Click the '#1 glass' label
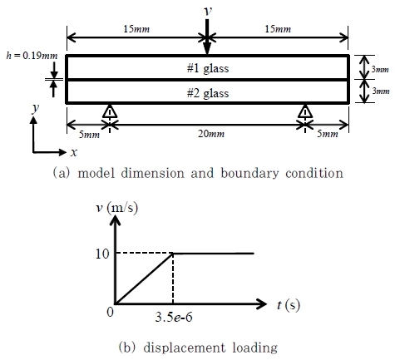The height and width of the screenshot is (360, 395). [208, 68]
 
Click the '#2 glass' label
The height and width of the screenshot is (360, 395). [208, 93]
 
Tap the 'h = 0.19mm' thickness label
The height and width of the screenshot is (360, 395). [32, 56]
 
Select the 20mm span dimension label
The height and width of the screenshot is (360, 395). [211, 134]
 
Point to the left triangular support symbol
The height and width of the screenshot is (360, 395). [110, 111]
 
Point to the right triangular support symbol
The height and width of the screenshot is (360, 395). [305, 111]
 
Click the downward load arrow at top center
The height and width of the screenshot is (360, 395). [207, 37]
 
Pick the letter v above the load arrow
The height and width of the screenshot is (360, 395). [208, 11]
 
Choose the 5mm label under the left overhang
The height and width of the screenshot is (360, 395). [89, 135]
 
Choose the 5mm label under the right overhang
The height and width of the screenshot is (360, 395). [328, 134]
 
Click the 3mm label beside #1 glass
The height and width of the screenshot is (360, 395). [380, 69]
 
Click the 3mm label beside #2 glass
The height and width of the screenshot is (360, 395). [381, 91]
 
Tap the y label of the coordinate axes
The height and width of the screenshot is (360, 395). [36, 108]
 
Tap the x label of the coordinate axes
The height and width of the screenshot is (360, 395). [74, 152]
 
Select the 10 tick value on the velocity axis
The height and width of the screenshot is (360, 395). [102, 254]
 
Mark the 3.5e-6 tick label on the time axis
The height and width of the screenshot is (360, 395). [174, 317]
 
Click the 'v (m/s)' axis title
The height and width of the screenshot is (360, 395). [116, 208]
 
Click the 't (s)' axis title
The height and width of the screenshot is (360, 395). [289, 305]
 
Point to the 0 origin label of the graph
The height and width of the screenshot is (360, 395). [110, 313]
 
